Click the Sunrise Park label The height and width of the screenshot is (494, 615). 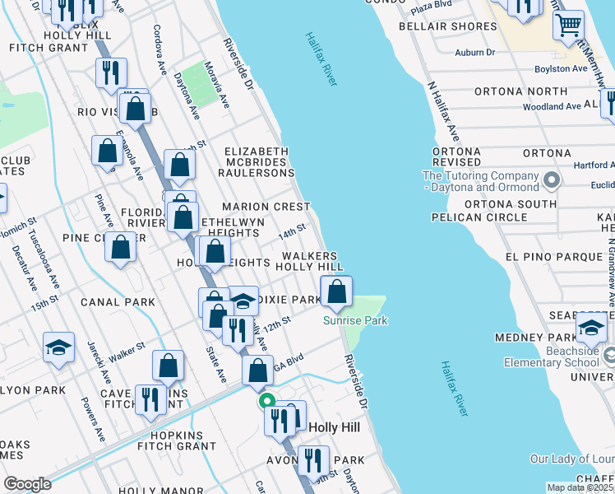354,320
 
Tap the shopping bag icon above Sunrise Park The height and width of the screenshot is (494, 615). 337,291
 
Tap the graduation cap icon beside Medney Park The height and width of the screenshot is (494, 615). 591,328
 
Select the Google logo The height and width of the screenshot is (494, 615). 27,483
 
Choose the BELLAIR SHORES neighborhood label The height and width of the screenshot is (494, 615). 448,26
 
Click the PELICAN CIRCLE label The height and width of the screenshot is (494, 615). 479,217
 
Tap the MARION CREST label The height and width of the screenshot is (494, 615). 265,207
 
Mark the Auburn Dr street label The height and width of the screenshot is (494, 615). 475,53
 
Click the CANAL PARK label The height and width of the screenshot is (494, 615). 118,302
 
